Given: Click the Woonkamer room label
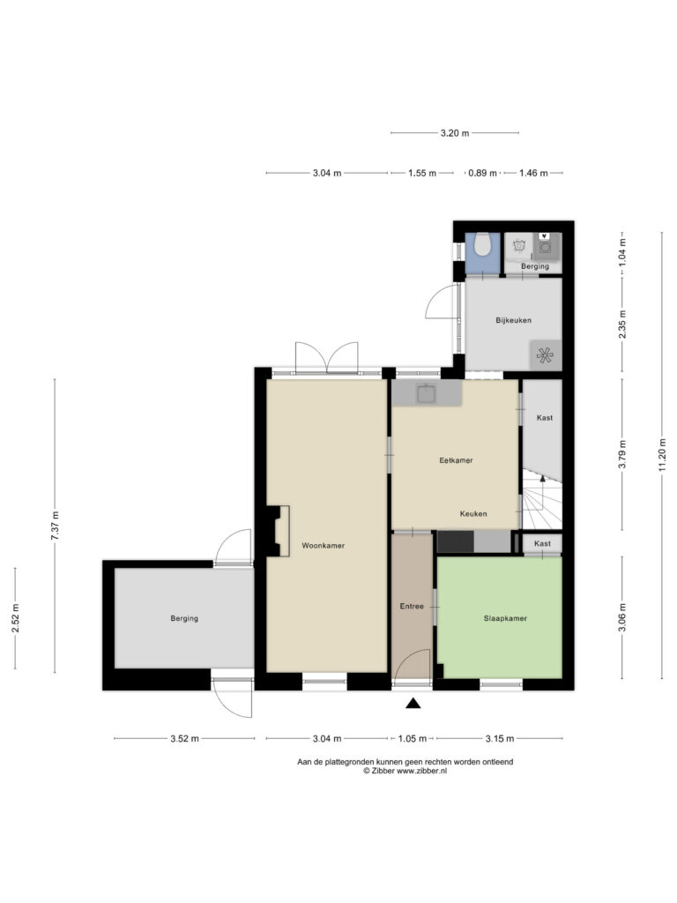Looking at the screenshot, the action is click(323, 545).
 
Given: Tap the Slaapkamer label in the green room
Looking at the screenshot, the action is click(505, 618).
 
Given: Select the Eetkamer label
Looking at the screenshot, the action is click(456, 460).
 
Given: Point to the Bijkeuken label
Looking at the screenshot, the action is click(514, 320).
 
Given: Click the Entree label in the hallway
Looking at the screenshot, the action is click(412, 607).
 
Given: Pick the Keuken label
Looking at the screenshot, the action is click(473, 514).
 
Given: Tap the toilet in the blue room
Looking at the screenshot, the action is click(482, 245).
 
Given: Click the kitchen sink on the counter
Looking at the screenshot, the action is click(426, 393).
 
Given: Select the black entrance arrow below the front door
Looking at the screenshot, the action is click(413, 703).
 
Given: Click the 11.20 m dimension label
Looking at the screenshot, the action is click(662, 454).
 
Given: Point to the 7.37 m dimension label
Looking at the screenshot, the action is click(55, 526).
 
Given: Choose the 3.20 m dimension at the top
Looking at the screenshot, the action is click(455, 133).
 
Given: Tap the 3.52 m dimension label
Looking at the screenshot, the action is click(184, 738).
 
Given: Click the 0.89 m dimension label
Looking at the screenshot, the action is click(482, 173).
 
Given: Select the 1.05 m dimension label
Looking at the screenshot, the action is click(413, 738).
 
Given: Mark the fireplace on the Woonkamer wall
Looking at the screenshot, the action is click(278, 531).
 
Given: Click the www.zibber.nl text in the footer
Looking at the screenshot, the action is click(421, 771).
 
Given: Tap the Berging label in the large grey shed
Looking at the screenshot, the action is click(184, 618).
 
